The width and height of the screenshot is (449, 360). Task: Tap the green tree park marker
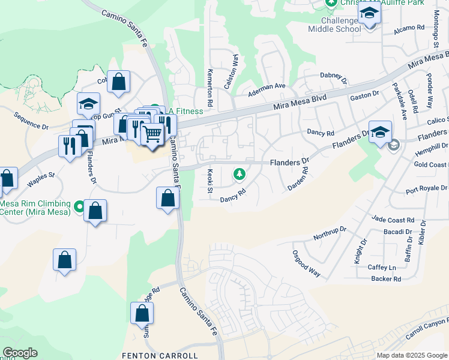click(x=240, y=174)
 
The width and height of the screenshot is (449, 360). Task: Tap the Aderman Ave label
click(x=268, y=86)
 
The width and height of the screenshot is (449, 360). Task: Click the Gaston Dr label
click(x=364, y=95)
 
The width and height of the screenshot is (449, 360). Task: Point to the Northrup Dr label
click(x=330, y=233)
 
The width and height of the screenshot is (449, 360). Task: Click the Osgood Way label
click(x=306, y=263)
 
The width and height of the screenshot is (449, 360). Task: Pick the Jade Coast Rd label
click(x=393, y=220)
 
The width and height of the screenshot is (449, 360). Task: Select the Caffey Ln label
click(x=384, y=268)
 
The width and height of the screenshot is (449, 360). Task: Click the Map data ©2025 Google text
click(x=412, y=355)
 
